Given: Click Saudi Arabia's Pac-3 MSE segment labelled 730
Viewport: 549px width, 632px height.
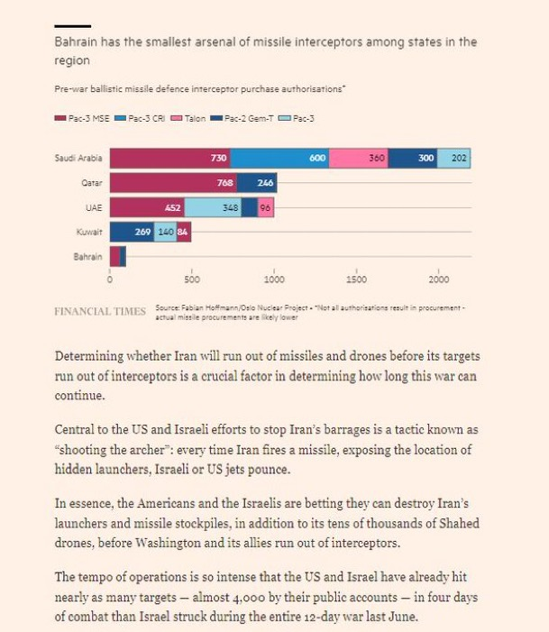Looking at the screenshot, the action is [169, 158].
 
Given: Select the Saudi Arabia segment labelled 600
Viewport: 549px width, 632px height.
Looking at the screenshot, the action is [279, 158].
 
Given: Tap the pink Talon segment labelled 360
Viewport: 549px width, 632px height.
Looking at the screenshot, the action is [359, 158].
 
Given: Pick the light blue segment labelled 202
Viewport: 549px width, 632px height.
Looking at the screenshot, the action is [453, 158].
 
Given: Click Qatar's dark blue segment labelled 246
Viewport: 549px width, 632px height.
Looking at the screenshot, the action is [257, 183].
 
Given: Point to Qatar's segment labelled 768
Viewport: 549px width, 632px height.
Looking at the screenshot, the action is [173, 183].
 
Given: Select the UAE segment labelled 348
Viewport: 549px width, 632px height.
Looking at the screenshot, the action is [213, 207].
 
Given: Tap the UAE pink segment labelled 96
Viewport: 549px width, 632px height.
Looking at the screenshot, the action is [266, 207].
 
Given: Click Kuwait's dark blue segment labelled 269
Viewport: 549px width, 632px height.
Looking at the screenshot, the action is [132, 233].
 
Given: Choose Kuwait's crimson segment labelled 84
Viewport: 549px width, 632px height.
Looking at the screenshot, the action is [184, 233].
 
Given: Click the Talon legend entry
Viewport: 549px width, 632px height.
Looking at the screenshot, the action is [188, 118].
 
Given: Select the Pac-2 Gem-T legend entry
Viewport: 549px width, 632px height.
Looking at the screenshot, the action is [242, 118].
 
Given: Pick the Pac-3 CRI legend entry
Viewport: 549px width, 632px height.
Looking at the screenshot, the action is [140, 118].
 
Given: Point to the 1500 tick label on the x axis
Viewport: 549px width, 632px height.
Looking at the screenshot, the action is [356, 279].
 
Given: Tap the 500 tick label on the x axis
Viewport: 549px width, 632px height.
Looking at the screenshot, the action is [192, 279].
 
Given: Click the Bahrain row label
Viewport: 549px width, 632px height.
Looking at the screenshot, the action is [87, 257].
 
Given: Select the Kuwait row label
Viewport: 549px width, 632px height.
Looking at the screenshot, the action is [89, 233].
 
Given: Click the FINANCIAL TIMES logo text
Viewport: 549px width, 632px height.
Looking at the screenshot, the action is [100, 312].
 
